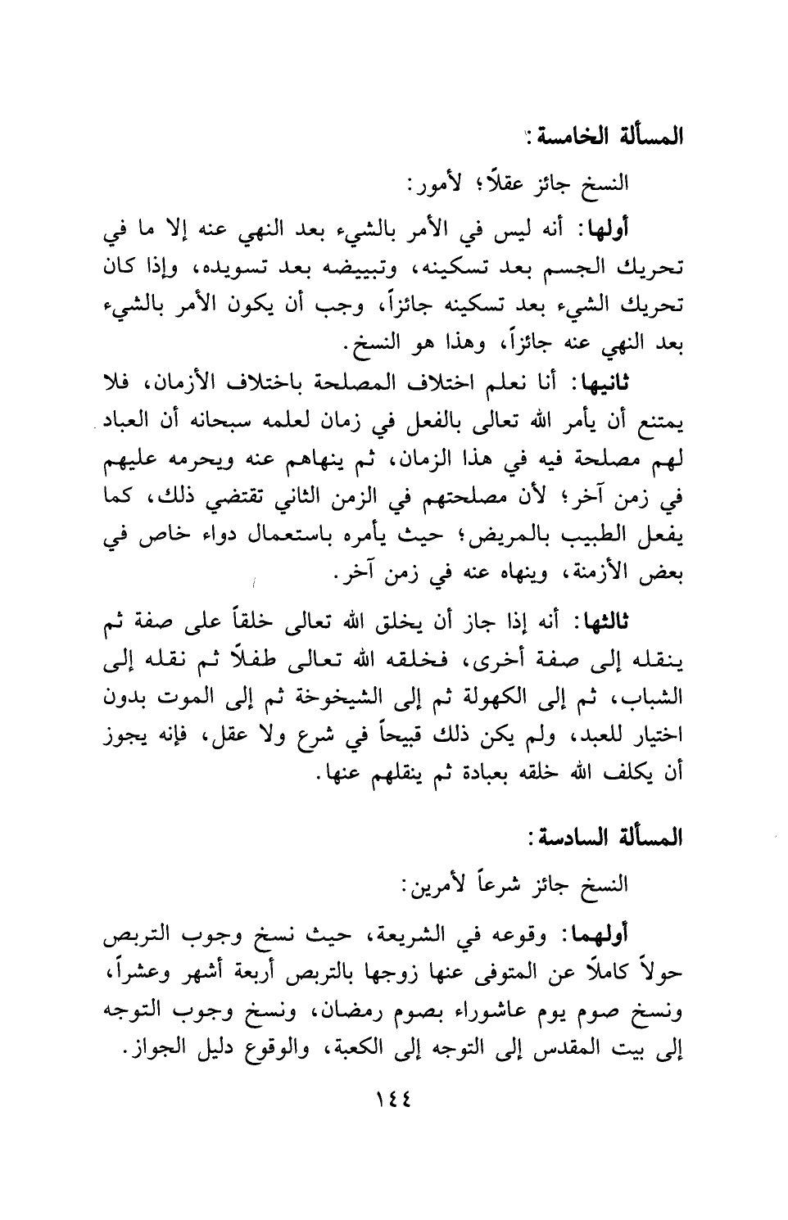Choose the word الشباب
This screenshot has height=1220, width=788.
(645, 699)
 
